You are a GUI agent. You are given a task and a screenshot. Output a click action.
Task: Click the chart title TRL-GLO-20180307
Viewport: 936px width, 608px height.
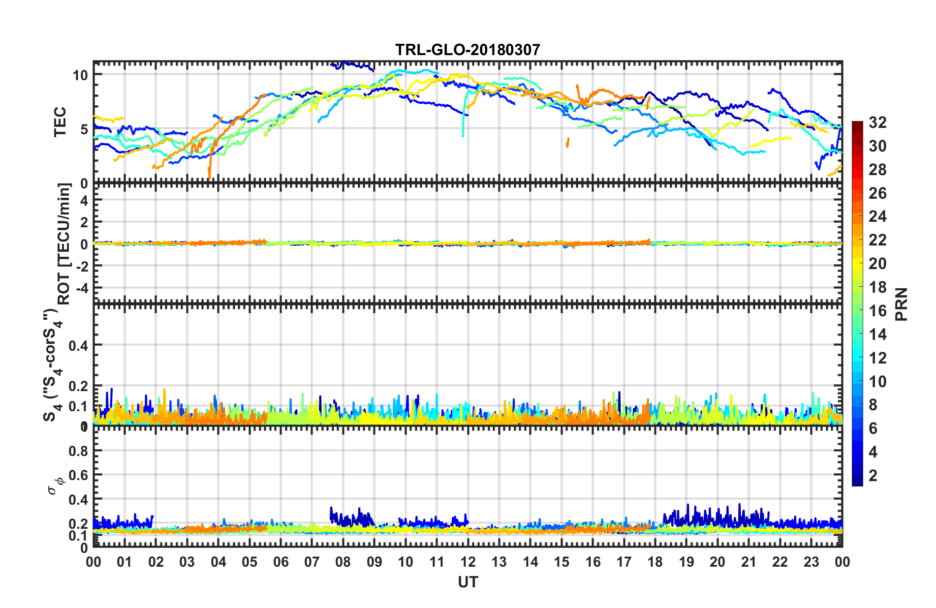tap(468, 50)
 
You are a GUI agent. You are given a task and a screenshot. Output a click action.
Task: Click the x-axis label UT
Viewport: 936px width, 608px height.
tap(468, 582)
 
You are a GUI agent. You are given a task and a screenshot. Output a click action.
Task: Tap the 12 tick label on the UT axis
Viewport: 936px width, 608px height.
tap(468, 562)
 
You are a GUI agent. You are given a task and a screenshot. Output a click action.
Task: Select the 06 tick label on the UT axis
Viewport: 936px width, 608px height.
tap(281, 562)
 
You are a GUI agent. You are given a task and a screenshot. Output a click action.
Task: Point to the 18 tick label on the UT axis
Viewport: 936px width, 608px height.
tap(655, 562)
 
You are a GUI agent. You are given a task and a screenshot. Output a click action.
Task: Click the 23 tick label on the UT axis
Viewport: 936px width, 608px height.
tap(811, 562)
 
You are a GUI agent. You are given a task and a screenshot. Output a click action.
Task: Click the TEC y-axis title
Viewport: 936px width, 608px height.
tap(60, 122)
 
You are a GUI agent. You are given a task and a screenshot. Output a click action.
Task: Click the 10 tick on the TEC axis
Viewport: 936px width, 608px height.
tap(80, 75)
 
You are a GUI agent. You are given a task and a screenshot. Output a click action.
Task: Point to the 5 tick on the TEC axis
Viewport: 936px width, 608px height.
tap(84, 129)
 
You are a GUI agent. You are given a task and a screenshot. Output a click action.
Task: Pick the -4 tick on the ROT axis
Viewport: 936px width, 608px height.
tap(81, 287)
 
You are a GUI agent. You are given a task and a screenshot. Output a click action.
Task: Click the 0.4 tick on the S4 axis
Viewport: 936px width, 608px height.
tap(78, 345)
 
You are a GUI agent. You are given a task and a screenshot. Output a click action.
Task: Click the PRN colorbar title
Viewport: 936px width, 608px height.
tap(901, 304)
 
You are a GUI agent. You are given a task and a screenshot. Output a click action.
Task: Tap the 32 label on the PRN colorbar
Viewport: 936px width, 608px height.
tap(877, 122)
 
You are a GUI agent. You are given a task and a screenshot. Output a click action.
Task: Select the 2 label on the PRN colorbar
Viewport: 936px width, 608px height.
tap(873, 475)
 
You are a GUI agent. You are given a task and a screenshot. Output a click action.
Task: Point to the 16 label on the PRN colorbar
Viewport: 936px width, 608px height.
tap(877, 311)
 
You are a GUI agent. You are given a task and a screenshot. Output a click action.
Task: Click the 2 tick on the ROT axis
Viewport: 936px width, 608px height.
tap(84, 222)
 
